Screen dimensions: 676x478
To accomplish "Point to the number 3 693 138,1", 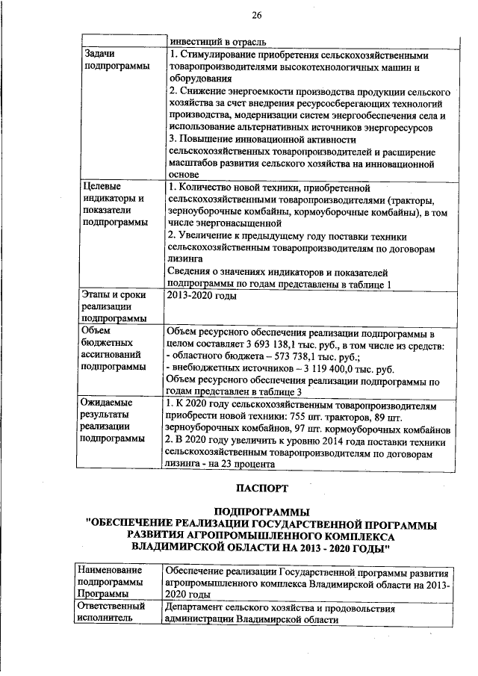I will point(282,344).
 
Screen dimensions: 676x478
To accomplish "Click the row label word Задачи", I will point(99,55).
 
